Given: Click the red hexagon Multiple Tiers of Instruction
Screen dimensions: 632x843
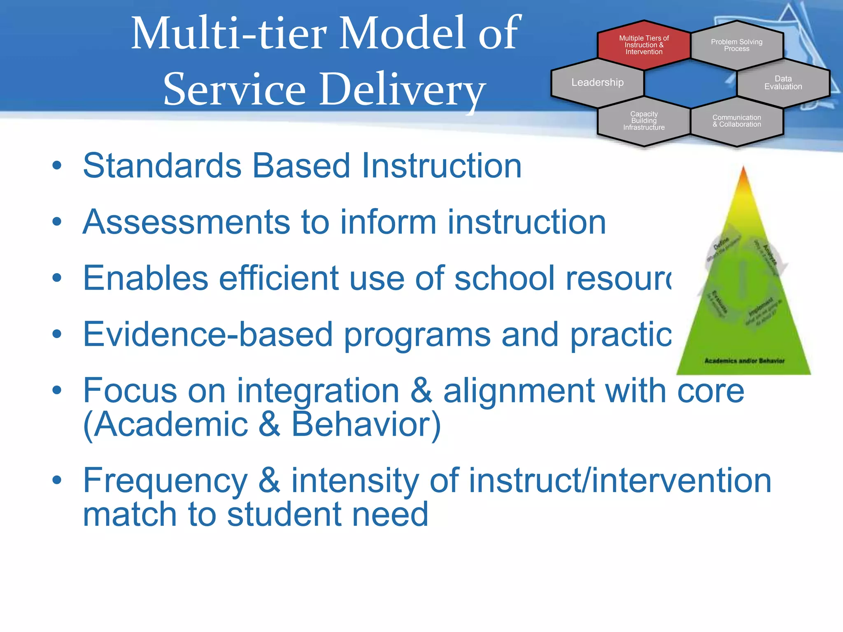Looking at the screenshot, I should coord(644,45).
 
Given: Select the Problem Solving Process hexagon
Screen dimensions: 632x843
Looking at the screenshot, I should coord(736,45).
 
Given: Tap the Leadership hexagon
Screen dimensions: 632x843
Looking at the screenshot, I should coord(597,82).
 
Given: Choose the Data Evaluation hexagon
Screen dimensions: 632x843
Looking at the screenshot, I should coord(783,83).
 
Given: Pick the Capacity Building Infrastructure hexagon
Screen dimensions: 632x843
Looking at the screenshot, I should coord(644,121).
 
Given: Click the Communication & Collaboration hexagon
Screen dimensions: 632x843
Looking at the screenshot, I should coord(736,121).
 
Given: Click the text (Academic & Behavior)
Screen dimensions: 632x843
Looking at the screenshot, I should coord(262,425).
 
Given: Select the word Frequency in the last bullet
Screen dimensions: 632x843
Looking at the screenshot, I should coord(165,480).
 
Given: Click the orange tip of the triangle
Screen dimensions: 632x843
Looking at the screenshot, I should coord(743,177).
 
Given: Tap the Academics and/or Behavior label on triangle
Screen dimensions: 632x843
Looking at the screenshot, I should coord(744,361).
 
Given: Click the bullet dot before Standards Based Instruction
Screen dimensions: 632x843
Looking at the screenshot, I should coord(57,166).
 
